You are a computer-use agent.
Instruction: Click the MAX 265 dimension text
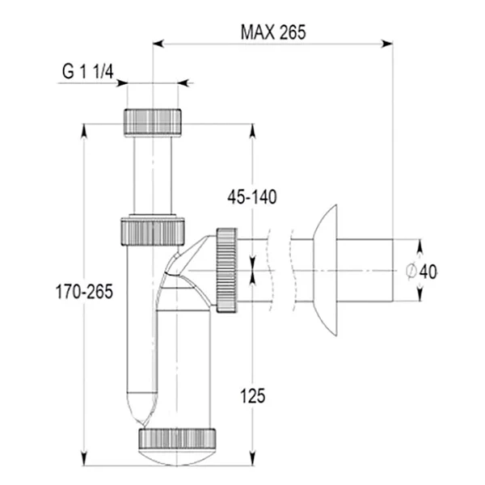(272, 32)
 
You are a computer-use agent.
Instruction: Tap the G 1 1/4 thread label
(88, 71)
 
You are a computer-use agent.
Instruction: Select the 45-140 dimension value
(252, 197)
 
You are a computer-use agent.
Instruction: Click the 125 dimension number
(253, 396)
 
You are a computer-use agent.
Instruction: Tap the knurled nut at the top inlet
(152, 121)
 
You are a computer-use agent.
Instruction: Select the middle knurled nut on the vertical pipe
(152, 230)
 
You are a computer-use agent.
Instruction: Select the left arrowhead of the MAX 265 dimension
(158, 44)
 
